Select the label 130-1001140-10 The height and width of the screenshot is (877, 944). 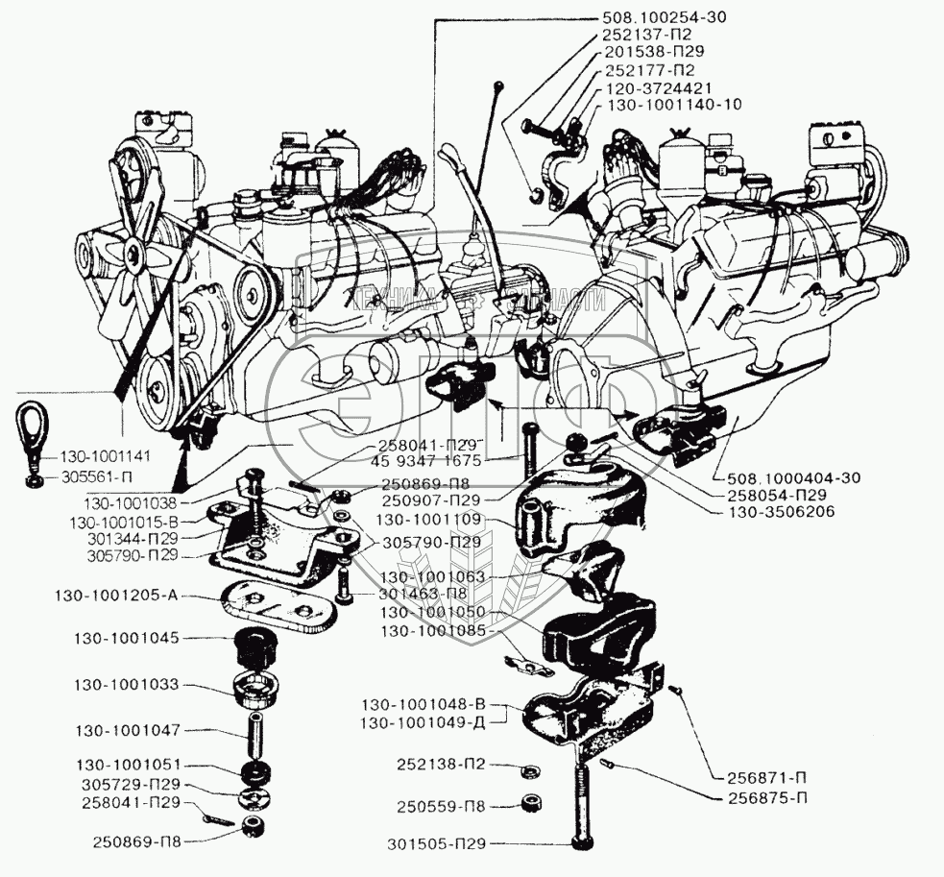pos(672,104)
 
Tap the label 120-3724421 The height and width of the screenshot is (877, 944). pos(658,87)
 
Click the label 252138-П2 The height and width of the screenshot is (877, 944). pos(443,766)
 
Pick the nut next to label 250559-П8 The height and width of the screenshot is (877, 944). pos(528,803)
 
